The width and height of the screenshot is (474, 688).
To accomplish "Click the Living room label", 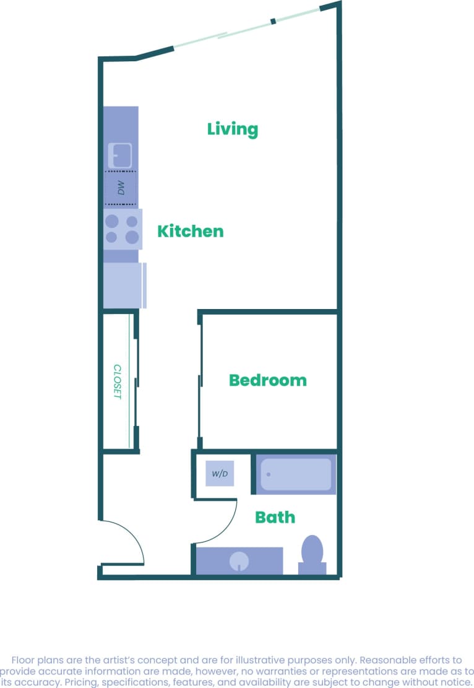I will tap(232, 129).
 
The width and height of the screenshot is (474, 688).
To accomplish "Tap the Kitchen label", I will tap(190, 232).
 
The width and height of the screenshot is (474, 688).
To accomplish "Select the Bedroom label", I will tap(267, 380).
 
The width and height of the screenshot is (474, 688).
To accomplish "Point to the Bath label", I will tap(275, 517).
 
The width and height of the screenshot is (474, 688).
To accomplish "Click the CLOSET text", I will tap(118, 381).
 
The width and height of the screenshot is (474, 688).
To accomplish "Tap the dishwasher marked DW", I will tap(121, 188).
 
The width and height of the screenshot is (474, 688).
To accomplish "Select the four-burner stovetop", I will tap(122, 229).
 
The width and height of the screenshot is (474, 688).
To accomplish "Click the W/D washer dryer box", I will tap(220, 474).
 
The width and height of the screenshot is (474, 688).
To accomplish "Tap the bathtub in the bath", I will tap(296, 474).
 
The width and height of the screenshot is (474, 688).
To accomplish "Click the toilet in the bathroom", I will tap(312, 554).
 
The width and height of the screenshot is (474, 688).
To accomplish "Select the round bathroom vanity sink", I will tap(239, 562).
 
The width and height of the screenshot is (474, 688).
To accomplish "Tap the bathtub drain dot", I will tap(269, 474).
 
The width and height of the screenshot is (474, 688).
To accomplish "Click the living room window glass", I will tap(248, 27).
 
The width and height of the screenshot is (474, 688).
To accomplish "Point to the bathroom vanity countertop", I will tap(266, 560).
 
